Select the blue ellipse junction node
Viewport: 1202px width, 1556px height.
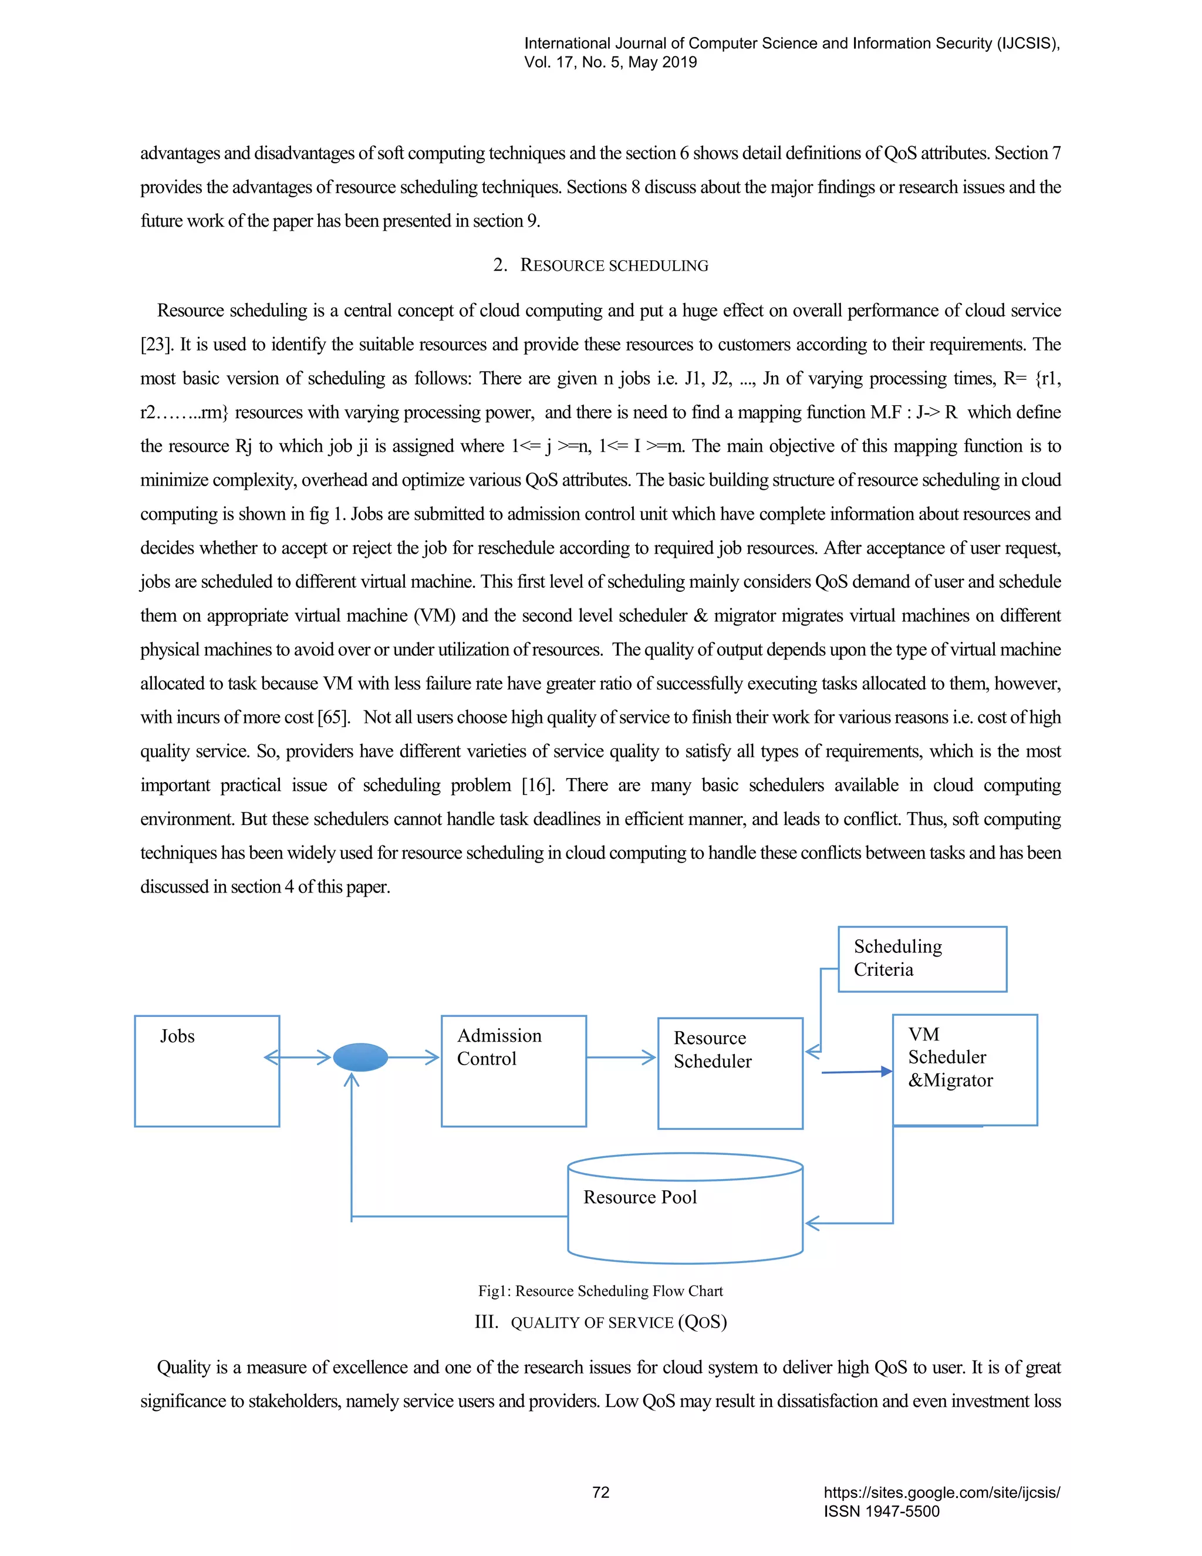tap(360, 1057)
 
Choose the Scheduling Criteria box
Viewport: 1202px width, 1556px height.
tap(922, 959)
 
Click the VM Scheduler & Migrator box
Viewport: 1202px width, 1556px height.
tap(965, 1069)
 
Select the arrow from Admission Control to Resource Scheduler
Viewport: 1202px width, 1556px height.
tap(621, 1057)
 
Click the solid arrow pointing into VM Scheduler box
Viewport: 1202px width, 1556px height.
tap(857, 1072)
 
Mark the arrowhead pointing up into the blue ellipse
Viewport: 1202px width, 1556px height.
tap(351, 1080)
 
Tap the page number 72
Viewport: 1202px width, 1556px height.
tap(601, 1493)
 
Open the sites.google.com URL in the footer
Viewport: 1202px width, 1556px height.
tap(941, 1493)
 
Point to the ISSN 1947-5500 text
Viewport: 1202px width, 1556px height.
tap(882, 1511)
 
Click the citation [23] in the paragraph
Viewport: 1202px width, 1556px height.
tap(154, 345)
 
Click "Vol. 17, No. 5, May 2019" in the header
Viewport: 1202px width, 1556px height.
tap(610, 62)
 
